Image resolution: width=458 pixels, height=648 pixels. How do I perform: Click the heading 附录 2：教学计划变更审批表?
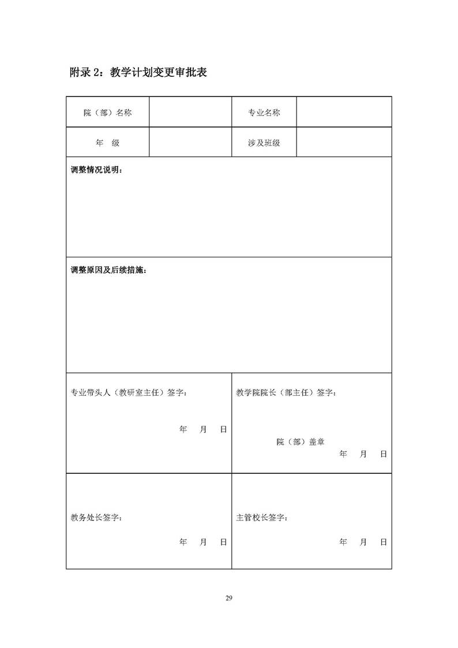pos(138,73)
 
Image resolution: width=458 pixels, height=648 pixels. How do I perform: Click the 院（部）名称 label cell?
pos(107,113)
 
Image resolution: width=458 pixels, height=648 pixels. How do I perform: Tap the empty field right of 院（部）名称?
pos(190,112)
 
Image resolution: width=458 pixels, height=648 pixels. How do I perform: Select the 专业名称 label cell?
pos(264,113)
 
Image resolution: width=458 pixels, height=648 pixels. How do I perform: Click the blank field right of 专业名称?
pos(344,112)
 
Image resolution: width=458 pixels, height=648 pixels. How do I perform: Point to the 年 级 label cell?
pos(107,143)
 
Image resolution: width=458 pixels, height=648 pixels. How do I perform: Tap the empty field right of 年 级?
pos(190,142)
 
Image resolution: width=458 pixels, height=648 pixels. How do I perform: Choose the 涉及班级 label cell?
pos(264,143)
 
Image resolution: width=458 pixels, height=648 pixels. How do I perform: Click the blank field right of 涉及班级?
pos(344,142)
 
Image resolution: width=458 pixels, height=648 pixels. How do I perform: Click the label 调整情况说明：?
pos(96,170)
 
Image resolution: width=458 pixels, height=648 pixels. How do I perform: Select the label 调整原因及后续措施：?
pos(108,270)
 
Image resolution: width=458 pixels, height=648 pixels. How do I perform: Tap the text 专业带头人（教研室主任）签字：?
pos(129,392)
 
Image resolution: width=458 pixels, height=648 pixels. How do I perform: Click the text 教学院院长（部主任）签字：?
pos(287,392)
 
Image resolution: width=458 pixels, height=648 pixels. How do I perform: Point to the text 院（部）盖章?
pos(300,441)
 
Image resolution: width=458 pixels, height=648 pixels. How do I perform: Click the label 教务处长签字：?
pos(96,518)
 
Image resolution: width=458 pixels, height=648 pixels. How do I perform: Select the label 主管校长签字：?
pos(262,518)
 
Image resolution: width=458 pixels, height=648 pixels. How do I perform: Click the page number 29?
pos(229,597)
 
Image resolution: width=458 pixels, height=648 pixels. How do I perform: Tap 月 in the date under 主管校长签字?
pos(363,542)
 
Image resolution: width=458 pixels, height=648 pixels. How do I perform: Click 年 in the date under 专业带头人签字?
pos(183,429)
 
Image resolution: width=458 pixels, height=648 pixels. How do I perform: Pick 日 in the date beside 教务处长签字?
pos(223,542)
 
